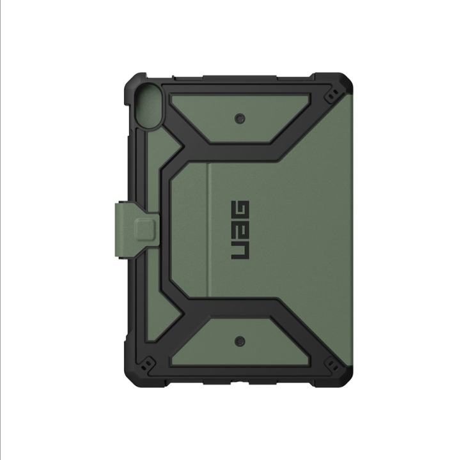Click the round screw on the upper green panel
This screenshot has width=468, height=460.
coord(240,119)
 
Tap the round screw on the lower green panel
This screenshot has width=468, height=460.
coord(240,341)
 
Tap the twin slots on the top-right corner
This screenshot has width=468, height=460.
coord(333,92)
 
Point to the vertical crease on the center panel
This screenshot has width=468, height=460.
coord(209,230)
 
